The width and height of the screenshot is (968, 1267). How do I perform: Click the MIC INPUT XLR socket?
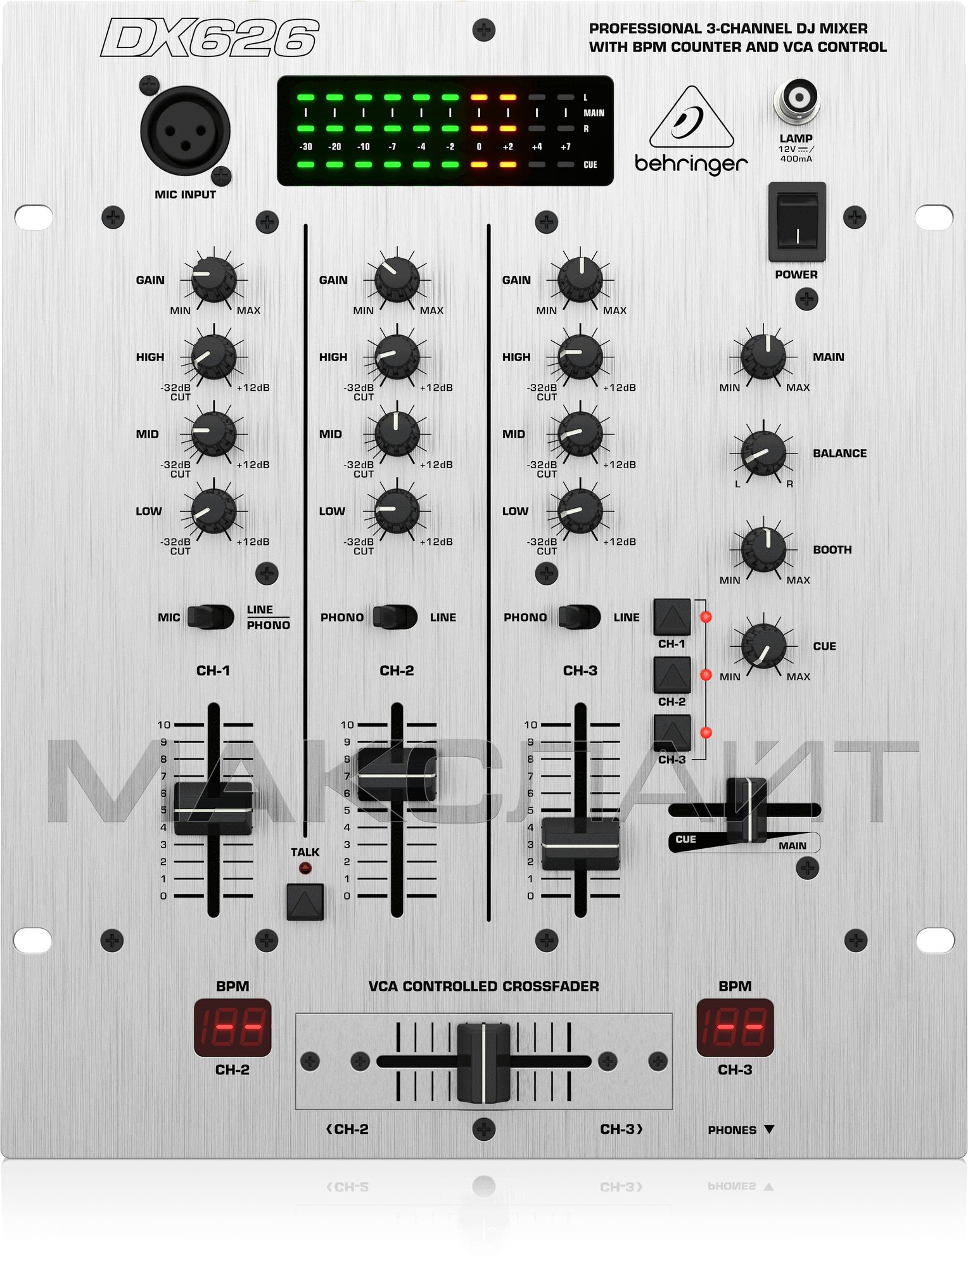click(x=185, y=132)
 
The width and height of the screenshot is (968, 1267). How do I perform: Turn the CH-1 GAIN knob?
click(x=213, y=279)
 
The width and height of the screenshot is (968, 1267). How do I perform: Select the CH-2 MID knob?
click(x=397, y=434)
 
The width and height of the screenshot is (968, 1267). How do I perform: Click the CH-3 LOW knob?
click(x=580, y=511)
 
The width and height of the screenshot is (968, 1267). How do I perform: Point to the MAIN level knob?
click(x=763, y=357)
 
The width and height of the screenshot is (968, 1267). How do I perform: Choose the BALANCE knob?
click(x=763, y=453)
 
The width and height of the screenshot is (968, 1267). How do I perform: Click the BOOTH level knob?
click(x=763, y=549)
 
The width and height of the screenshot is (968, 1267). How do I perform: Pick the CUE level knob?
click(x=763, y=646)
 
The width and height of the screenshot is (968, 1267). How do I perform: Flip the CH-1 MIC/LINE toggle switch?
click(x=211, y=616)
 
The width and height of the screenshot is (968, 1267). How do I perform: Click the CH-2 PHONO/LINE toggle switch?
click(x=395, y=616)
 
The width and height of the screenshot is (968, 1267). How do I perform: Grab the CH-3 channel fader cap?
click(x=580, y=844)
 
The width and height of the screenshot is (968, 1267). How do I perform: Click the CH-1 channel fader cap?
click(x=213, y=808)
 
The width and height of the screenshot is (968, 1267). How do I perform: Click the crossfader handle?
click(x=483, y=1062)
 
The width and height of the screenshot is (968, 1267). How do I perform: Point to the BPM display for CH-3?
click(x=735, y=1028)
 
